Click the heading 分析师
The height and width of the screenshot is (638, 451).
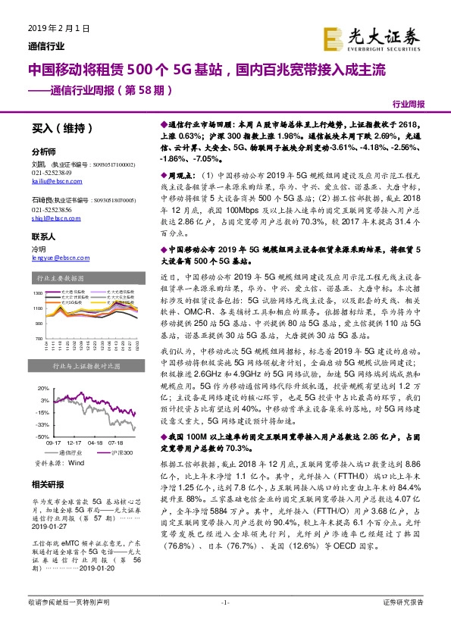click(43, 152)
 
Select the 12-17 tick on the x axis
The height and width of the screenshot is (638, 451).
click(74, 443)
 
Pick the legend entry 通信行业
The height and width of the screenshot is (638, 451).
click(74, 452)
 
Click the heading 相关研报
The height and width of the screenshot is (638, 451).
click(46, 483)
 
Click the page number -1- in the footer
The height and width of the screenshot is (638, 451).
click(225, 624)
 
